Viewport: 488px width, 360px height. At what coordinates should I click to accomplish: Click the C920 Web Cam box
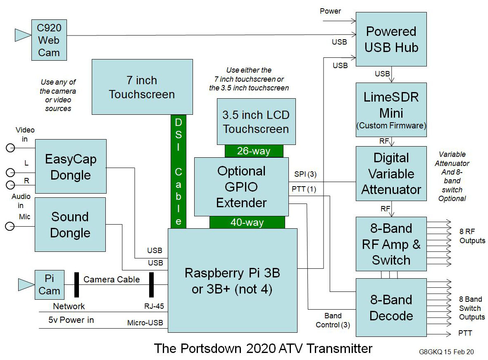pyautogui.click(x=49, y=40)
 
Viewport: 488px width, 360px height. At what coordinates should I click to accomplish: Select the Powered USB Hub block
pyautogui.click(x=391, y=39)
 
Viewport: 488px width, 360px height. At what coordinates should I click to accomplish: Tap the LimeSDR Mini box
pyautogui.click(x=391, y=109)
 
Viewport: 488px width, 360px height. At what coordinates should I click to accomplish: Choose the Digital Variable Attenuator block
pyautogui.click(x=391, y=173)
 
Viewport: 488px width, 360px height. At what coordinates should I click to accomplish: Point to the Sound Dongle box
pyautogui.click(x=70, y=225)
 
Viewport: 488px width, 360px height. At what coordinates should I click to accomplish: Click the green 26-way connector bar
pyautogui.click(x=254, y=151)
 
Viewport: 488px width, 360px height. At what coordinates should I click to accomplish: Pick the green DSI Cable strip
pyautogui.click(x=178, y=171)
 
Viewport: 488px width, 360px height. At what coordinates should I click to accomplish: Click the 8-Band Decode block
pyautogui.click(x=391, y=308)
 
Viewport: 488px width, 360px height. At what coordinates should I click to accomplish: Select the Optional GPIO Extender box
pyautogui.click(x=241, y=187)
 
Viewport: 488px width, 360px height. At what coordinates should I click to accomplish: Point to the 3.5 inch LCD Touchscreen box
pyautogui.click(x=256, y=121)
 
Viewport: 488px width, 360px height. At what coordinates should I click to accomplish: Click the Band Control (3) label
pyautogui.click(x=333, y=320)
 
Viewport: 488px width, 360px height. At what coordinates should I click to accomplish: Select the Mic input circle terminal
pyautogui.click(x=9, y=226)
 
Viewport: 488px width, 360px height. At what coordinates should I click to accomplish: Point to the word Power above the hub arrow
pyautogui.click(x=331, y=11)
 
